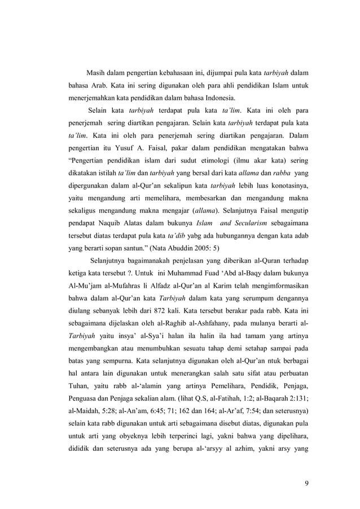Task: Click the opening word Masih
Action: pyautogui.click(x=96, y=73)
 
